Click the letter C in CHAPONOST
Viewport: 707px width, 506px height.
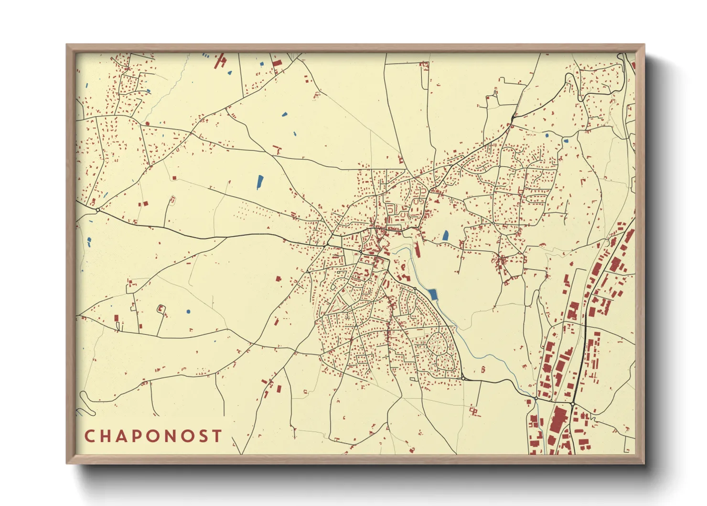tap(89, 436)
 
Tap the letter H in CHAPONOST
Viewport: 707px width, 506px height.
tap(106, 436)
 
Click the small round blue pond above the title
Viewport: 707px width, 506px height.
tap(188, 311)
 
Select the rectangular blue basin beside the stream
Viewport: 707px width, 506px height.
tap(433, 295)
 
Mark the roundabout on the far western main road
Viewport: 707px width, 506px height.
tap(97, 210)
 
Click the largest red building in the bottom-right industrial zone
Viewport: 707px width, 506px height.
tap(557, 421)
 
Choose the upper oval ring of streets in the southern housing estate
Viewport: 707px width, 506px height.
tap(438, 342)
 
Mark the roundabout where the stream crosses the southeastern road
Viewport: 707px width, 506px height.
tap(536, 398)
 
